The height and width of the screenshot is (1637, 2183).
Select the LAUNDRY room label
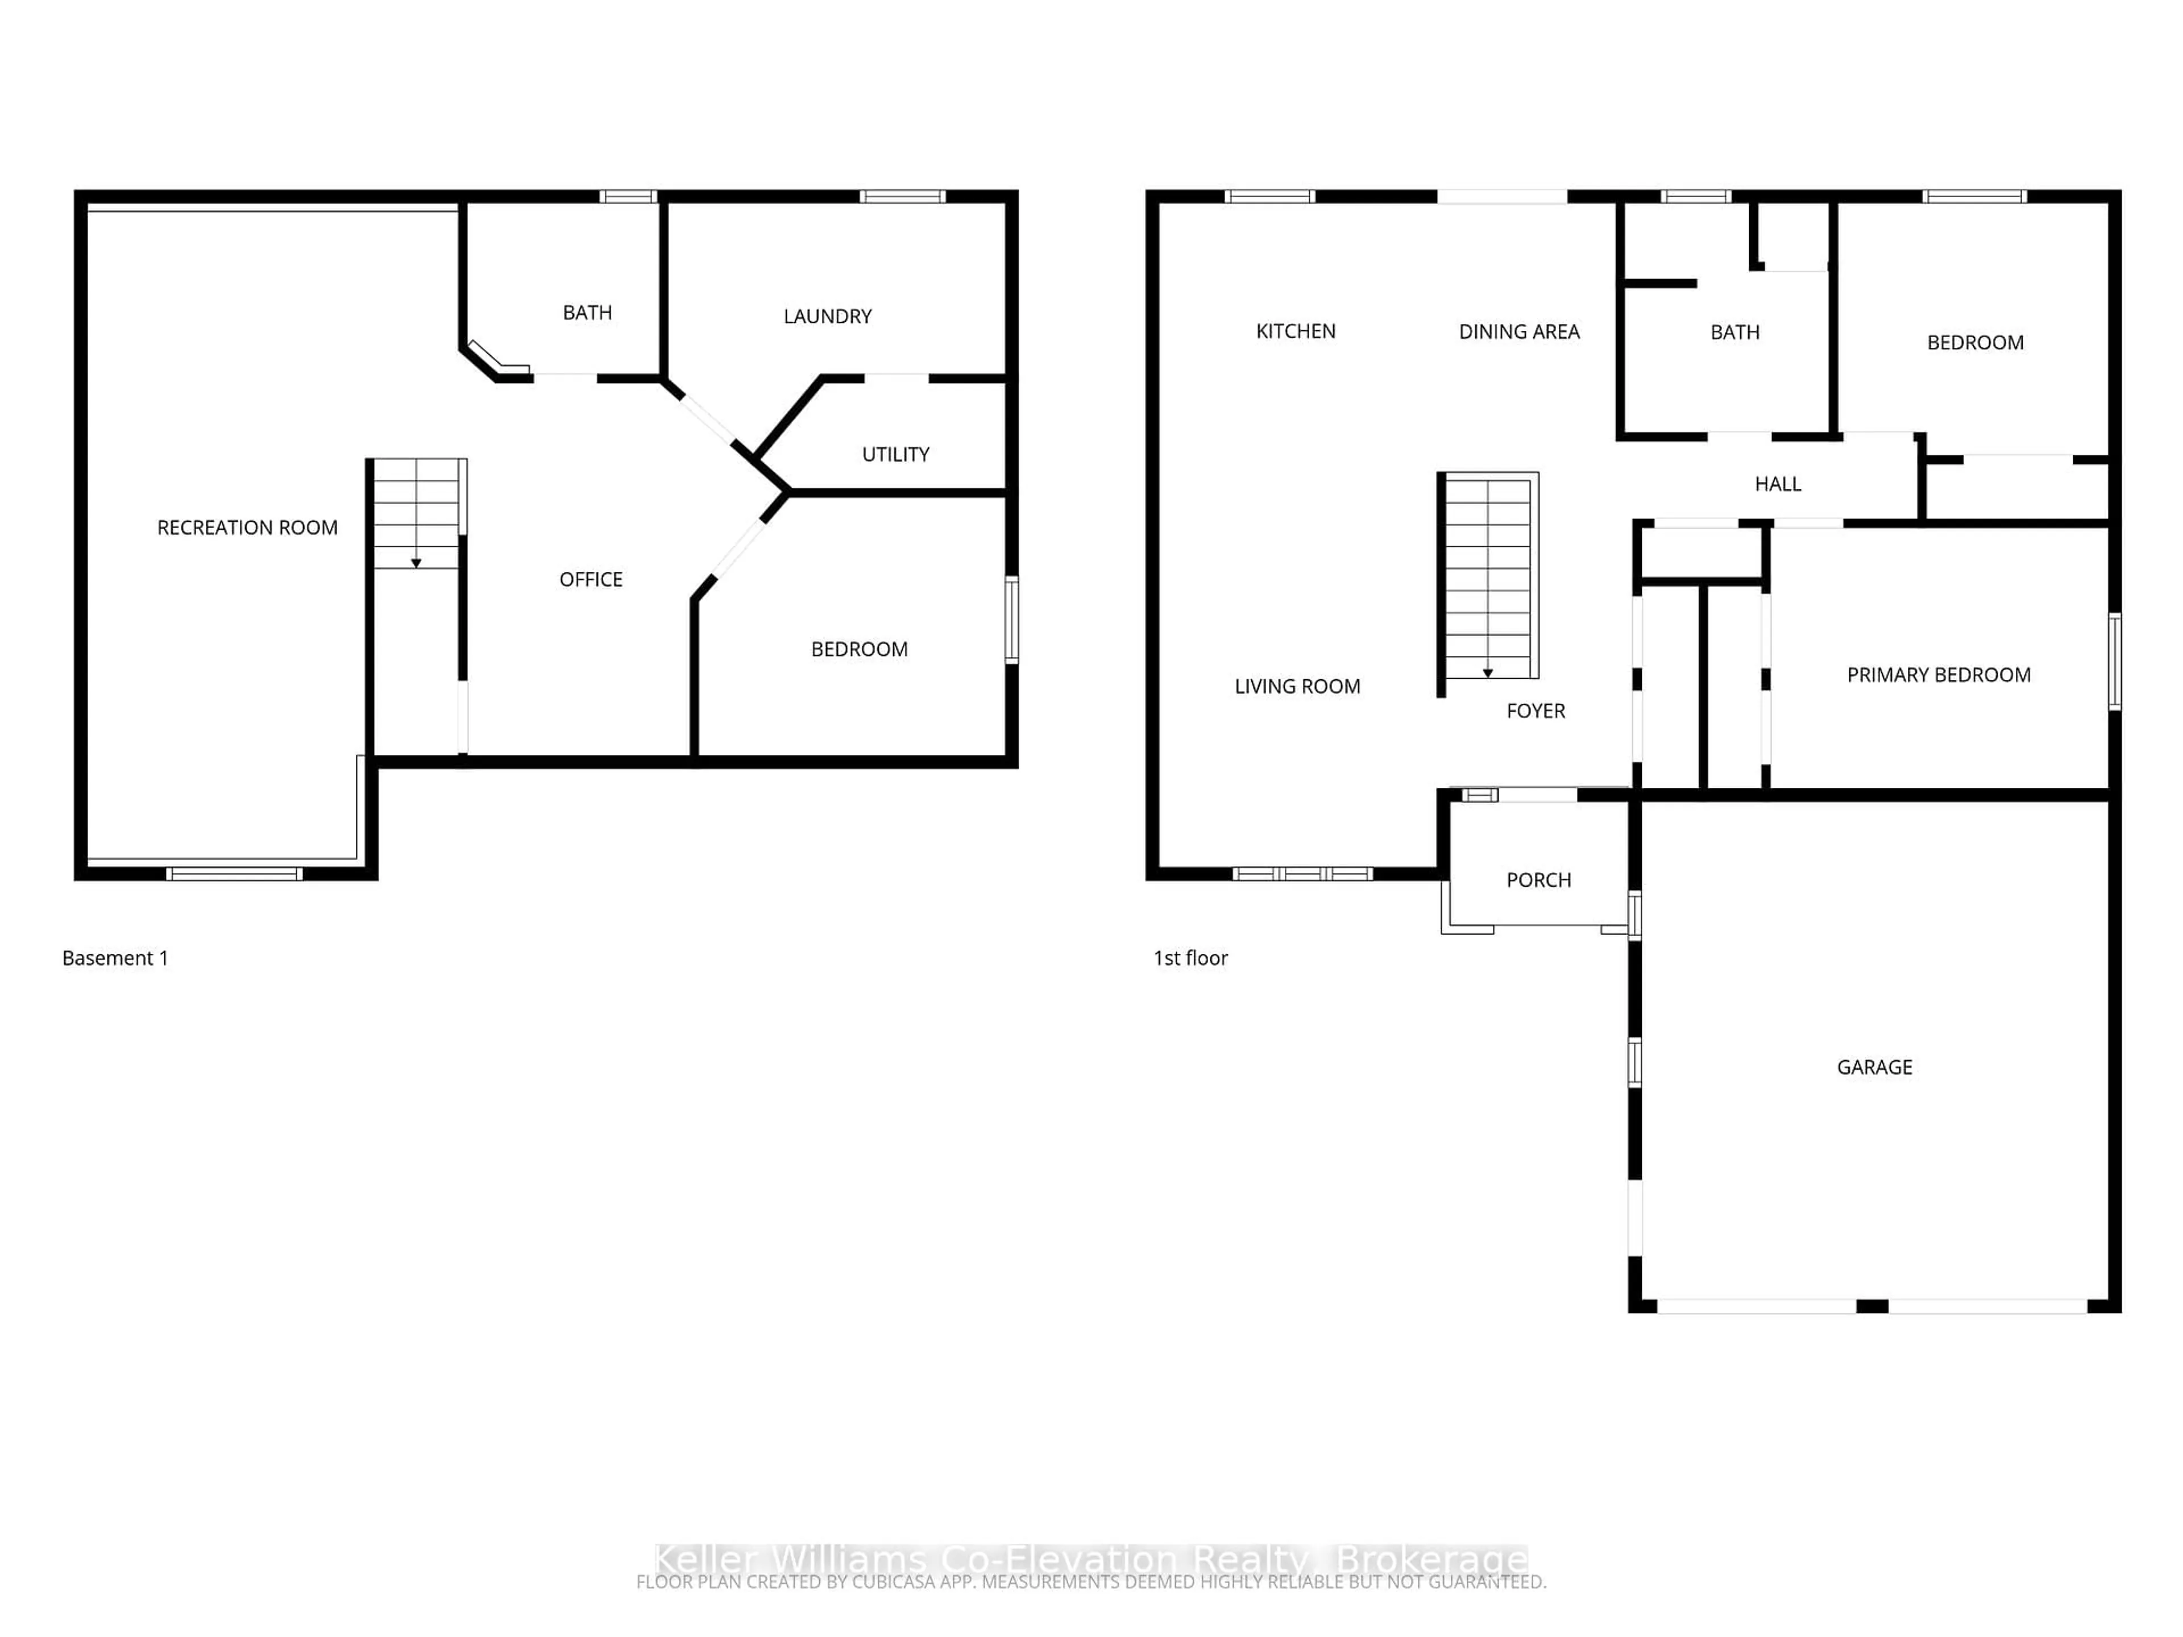click(x=827, y=317)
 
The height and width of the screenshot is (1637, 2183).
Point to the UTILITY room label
click(x=895, y=455)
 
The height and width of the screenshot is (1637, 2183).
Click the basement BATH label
click(x=587, y=313)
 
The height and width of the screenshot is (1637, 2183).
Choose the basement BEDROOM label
click(x=858, y=649)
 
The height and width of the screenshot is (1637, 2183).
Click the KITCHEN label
click(x=1295, y=331)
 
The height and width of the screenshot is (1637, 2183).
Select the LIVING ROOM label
click(x=1297, y=687)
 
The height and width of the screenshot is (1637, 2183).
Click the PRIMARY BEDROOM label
click(x=1938, y=675)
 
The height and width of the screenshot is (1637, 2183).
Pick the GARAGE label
click(x=1874, y=1067)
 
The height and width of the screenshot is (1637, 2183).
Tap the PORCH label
click(x=1538, y=880)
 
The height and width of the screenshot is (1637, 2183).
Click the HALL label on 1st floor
click(x=1778, y=484)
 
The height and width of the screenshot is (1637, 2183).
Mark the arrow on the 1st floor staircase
click(x=1487, y=673)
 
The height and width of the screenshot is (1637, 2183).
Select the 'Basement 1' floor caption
click(x=114, y=958)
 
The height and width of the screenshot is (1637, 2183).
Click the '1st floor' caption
click(x=1190, y=958)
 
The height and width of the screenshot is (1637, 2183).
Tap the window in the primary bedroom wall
click(x=2114, y=661)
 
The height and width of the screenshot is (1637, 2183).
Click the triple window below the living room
click(x=1303, y=873)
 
